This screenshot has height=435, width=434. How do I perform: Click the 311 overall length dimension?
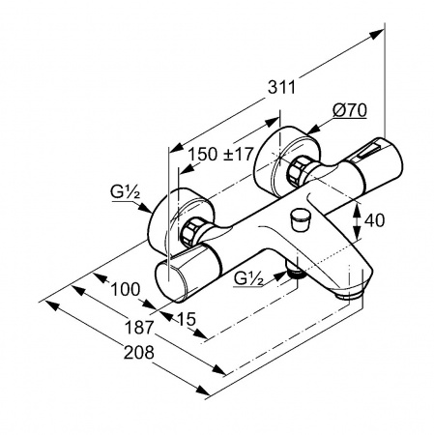tap(281, 87)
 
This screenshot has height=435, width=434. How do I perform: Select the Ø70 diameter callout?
tap(350, 110)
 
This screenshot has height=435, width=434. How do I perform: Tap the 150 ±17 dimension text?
tap(220, 154)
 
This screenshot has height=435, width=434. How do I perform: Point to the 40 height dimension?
tap(374, 220)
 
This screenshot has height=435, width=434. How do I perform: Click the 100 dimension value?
tap(126, 289)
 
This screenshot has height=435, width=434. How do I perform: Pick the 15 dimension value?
tap(187, 319)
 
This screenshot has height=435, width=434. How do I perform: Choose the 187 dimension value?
tap(139, 328)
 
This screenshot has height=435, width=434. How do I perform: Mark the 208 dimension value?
tap(139, 353)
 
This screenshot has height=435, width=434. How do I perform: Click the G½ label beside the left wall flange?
tap(125, 192)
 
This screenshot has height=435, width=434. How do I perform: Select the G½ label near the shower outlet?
tap(248, 278)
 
